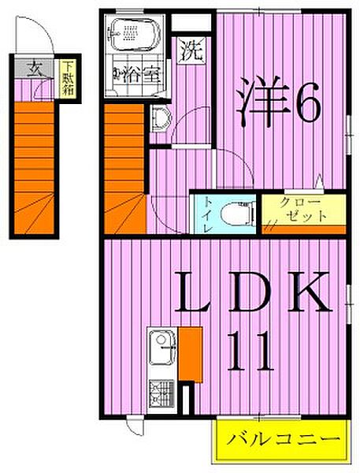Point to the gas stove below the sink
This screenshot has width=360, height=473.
(x=162, y=392)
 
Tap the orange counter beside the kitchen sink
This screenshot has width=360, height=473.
(x=190, y=352)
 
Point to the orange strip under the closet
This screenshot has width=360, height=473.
(x=302, y=229)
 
